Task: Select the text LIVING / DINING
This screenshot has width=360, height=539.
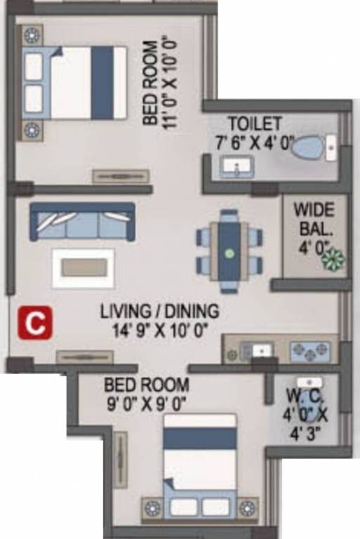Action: click(x=159, y=310)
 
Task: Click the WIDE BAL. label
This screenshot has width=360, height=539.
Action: click(x=314, y=218)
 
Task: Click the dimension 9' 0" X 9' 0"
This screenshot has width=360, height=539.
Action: click(x=146, y=404)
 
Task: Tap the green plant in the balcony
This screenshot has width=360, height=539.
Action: click(x=331, y=259)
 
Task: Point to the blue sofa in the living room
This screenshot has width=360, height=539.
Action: click(x=82, y=222)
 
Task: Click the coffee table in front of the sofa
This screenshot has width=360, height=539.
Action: click(x=84, y=267)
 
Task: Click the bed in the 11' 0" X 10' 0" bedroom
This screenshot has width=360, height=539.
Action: click(x=78, y=83)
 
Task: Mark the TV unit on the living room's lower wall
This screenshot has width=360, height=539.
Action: click(x=85, y=357)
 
